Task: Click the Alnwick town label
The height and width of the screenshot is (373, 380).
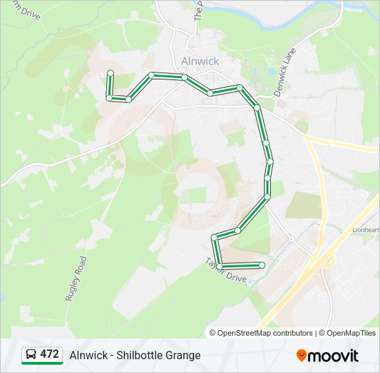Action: click(x=200, y=61)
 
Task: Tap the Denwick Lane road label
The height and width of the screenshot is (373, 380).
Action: click(x=284, y=72)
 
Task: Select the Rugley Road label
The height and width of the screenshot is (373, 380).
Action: click(x=76, y=278)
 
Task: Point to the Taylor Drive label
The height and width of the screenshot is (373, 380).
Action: click(x=225, y=270)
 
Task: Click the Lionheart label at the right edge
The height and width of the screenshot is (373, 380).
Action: click(x=366, y=230)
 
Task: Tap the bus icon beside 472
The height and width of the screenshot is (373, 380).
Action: click(x=31, y=355)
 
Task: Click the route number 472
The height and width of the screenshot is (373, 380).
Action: click(x=50, y=354)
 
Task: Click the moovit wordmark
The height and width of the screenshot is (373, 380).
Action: click(x=334, y=356)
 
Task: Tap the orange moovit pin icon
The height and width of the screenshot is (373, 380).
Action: click(x=301, y=355)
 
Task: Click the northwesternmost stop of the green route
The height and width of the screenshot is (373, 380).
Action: click(x=110, y=73)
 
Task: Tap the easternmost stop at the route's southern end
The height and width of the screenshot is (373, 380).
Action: click(x=262, y=265)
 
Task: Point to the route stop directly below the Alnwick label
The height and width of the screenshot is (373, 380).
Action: click(x=184, y=77)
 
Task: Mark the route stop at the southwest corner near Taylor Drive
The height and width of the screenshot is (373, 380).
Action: click(x=220, y=266)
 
